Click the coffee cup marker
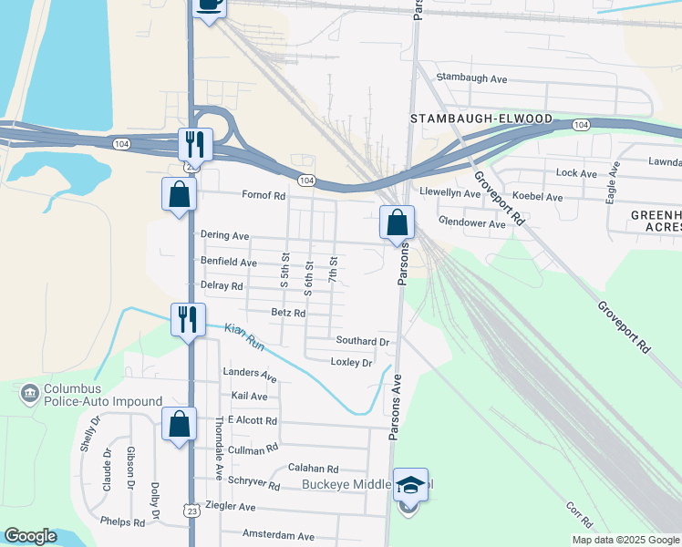[209, 5]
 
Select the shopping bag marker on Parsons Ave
[397, 222]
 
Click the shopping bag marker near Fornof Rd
[179, 194]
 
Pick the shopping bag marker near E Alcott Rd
[179, 424]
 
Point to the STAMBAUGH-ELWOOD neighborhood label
[481, 119]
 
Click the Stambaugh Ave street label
[471, 78]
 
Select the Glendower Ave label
[471, 223]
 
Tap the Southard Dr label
[363, 341]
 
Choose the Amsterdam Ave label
[278, 536]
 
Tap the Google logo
[31, 536]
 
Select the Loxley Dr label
[351, 363]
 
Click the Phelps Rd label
[123, 523]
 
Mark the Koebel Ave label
[537, 196]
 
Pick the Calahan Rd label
[313, 468]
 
